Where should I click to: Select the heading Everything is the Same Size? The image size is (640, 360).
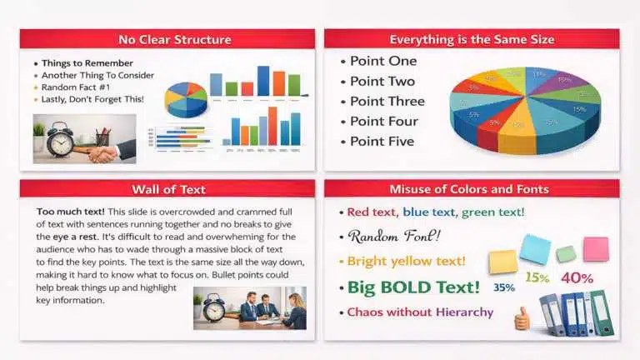point(472,39)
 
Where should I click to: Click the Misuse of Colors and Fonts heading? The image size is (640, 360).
point(472,189)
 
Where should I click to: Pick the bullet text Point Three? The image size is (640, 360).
point(387,101)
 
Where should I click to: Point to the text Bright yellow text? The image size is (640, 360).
point(406,261)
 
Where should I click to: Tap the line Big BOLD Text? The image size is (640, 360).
point(413,287)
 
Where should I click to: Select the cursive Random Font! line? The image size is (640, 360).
point(395,236)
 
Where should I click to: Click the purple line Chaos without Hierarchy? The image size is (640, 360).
point(420,312)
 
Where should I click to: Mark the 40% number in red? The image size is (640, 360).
point(577,278)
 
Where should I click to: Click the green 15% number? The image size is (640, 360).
point(537,277)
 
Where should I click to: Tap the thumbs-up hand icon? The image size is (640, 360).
point(522,317)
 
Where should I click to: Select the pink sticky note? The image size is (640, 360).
point(596,248)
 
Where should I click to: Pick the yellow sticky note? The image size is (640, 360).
point(503,262)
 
